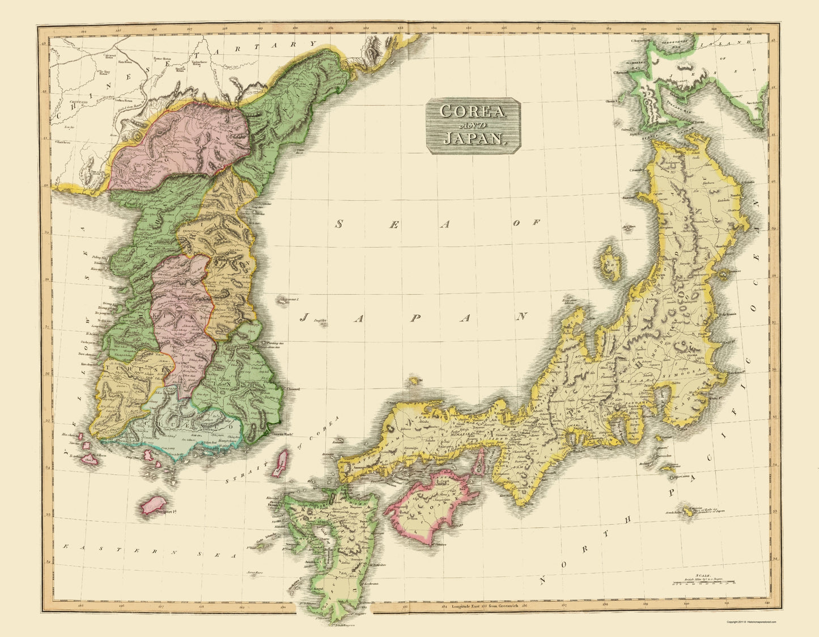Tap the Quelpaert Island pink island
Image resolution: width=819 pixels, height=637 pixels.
pyautogui.click(x=152, y=504)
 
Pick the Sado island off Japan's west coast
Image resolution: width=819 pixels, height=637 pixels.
pyautogui.click(x=610, y=264)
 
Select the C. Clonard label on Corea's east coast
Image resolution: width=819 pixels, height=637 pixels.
pyautogui.click(x=292, y=389)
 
